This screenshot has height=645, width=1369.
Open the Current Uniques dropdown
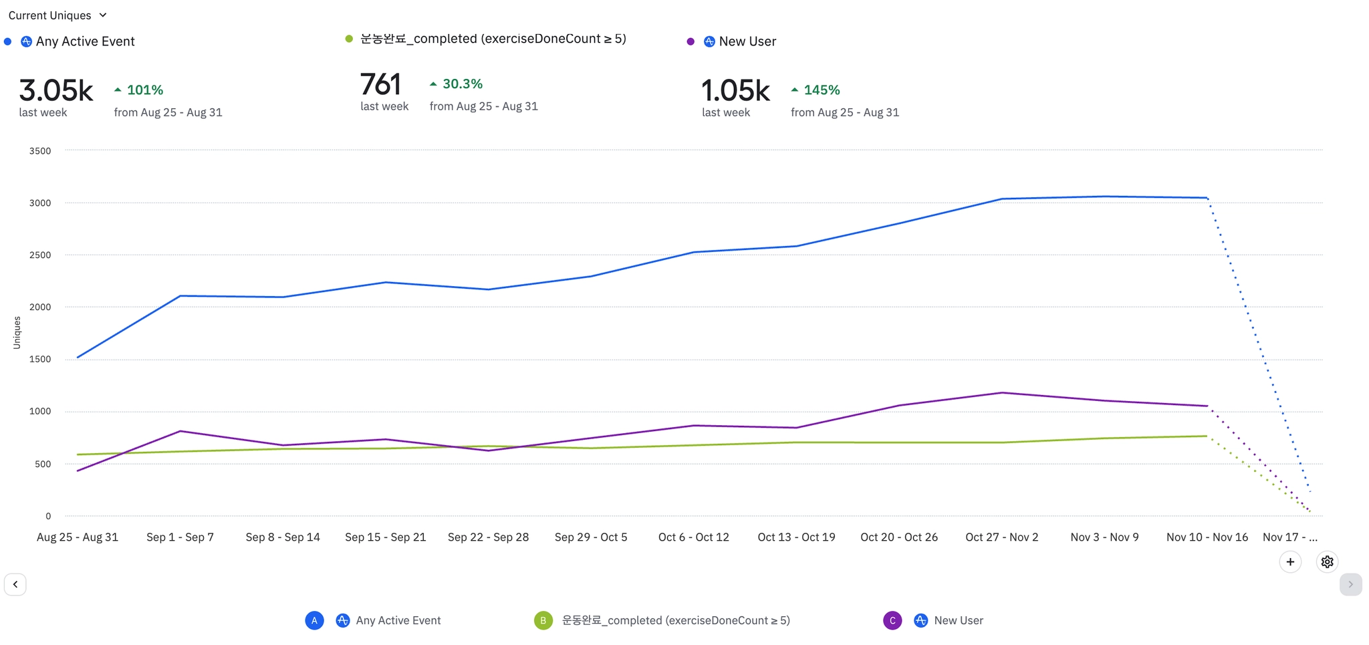tap(57, 15)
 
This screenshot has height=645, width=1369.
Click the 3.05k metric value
tap(56, 90)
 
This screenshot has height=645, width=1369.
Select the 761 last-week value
tap(380, 85)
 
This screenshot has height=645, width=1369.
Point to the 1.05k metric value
tap(735, 90)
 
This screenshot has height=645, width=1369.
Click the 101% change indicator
tap(139, 90)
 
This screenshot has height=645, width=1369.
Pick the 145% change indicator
tap(816, 90)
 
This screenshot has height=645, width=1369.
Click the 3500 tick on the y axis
tap(40, 151)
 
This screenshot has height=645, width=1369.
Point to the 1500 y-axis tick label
tap(40, 360)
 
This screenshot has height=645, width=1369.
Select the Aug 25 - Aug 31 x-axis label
tap(78, 537)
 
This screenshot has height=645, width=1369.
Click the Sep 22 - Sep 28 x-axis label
tap(488, 537)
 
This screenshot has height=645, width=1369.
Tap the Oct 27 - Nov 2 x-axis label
tap(1001, 537)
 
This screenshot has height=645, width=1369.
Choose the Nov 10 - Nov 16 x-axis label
tap(1207, 537)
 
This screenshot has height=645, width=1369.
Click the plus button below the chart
tap(1290, 562)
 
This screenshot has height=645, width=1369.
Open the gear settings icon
tap(1328, 562)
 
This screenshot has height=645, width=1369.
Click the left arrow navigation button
tap(15, 584)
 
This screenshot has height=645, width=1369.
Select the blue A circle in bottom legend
tap(314, 620)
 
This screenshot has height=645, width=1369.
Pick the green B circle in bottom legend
tap(543, 620)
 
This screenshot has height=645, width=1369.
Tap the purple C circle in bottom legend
tap(892, 620)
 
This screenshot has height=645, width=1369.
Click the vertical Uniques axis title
tap(17, 333)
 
